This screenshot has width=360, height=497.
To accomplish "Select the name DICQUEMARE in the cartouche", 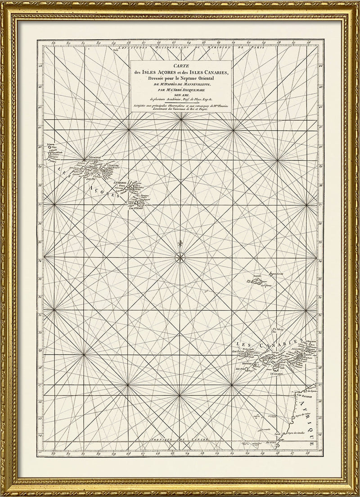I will click(192, 90).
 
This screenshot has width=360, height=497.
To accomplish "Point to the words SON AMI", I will click(180, 95).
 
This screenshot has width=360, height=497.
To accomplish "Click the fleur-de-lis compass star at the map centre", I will click(180, 258).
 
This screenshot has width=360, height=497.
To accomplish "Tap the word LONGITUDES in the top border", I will click(131, 47).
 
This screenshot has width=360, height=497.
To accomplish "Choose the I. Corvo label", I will click(53, 145).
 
